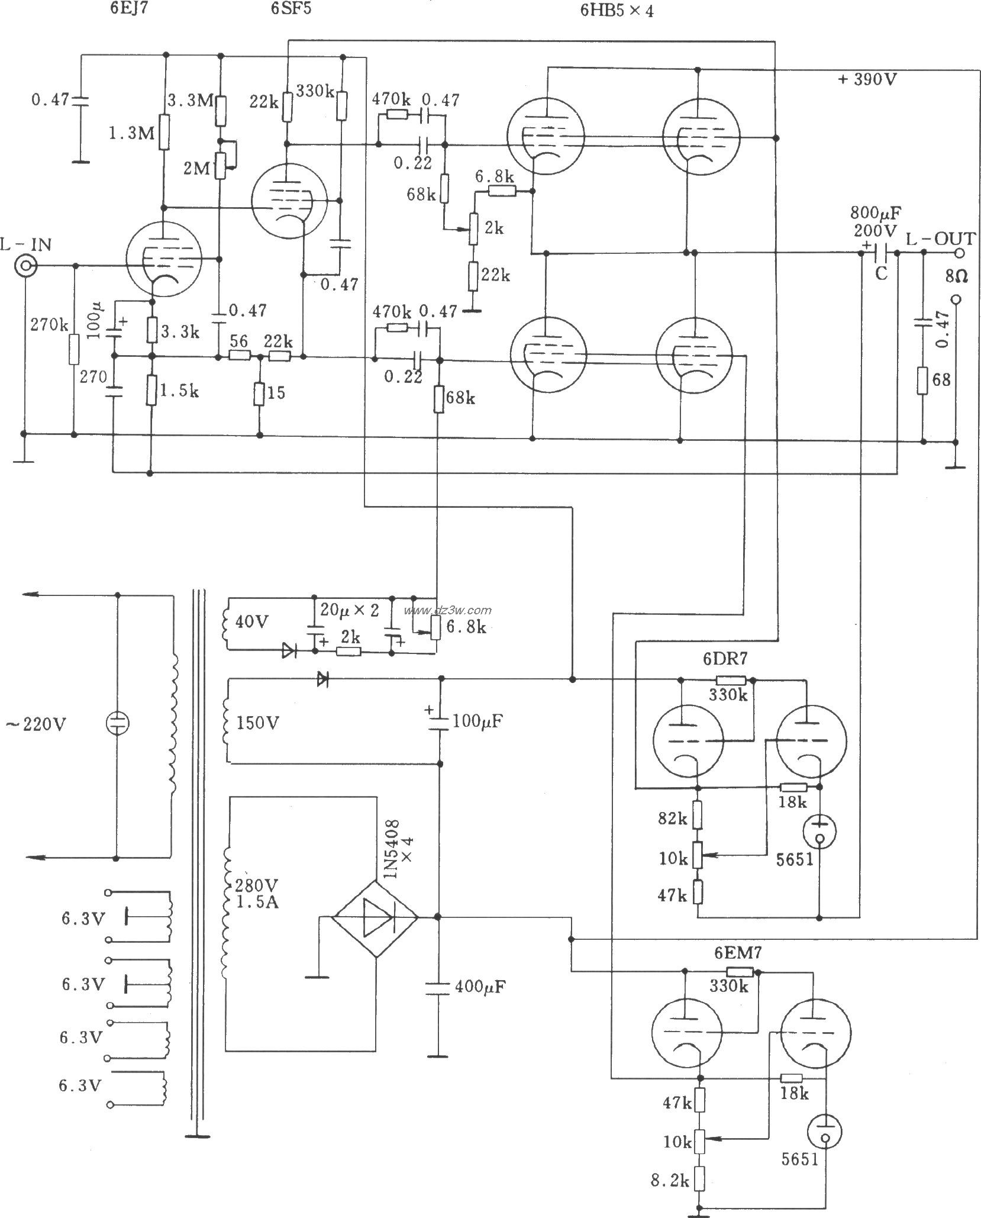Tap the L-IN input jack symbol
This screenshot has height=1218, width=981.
(25, 268)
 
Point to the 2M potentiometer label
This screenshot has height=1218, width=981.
(196, 169)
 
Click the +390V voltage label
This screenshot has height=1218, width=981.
(867, 79)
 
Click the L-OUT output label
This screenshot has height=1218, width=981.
(940, 239)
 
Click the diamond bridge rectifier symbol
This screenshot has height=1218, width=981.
(375, 918)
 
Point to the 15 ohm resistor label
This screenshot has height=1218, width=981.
(276, 392)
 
